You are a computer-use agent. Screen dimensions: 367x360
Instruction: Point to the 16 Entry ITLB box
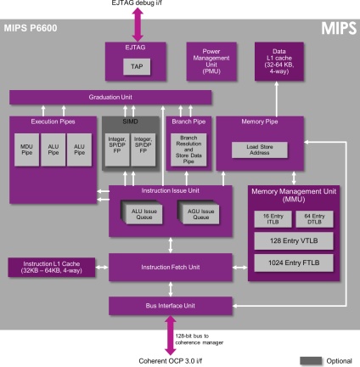pos(267,219)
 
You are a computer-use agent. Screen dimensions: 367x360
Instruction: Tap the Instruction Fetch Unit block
pos(171,268)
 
